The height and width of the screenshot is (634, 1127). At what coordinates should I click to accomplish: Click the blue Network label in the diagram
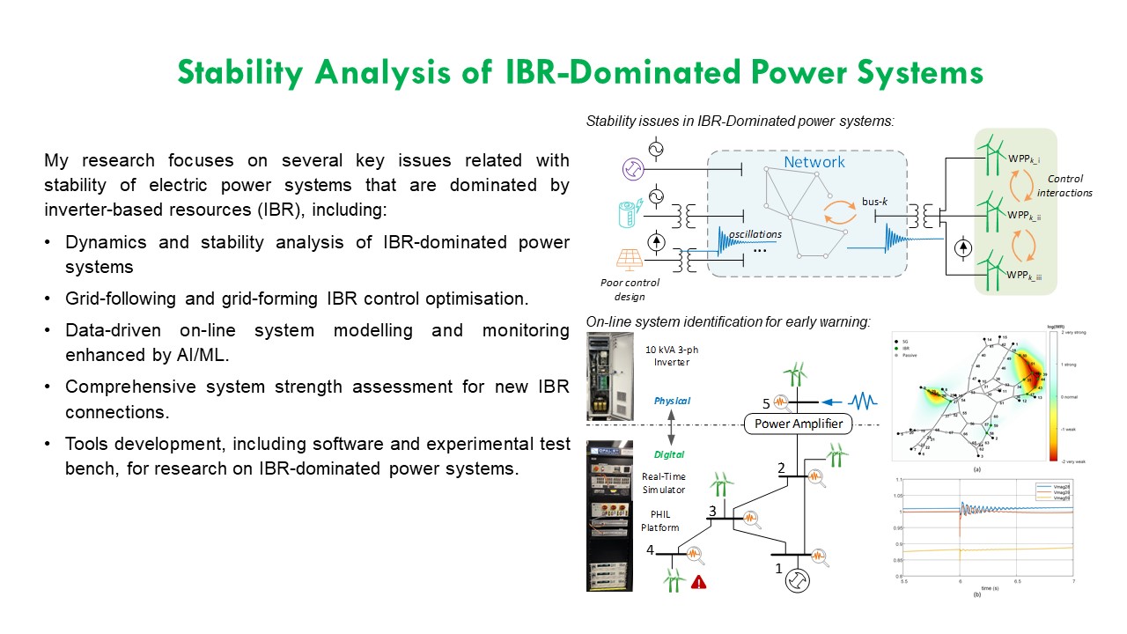814,162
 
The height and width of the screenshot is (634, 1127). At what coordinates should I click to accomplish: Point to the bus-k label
877,202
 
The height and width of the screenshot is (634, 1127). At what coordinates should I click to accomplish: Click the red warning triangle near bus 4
699,581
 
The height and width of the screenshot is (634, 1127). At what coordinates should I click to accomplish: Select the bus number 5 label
767,403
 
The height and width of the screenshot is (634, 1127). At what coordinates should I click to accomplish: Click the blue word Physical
672,401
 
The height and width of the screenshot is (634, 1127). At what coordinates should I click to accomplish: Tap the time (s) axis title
976,587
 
